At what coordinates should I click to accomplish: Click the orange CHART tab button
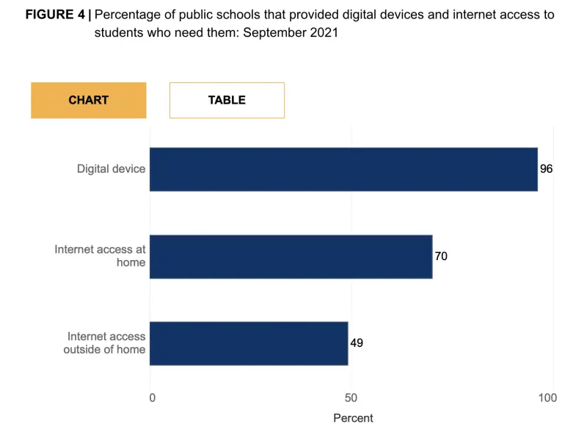(x=88, y=100)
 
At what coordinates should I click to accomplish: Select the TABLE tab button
(x=227, y=100)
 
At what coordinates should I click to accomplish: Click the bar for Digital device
(x=343, y=169)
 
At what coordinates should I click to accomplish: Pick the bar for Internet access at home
(x=291, y=256)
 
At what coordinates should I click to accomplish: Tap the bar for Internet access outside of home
(x=249, y=343)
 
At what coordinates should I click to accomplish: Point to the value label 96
(x=546, y=169)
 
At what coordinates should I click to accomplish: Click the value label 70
(x=441, y=256)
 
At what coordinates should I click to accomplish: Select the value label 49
(x=357, y=343)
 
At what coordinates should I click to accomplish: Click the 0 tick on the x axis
(x=152, y=398)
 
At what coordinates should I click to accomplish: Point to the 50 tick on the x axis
(x=351, y=398)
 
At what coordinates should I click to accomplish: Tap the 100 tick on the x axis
(x=547, y=398)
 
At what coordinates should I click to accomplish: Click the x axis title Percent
(x=353, y=418)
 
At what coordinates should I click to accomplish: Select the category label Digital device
(x=111, y=169)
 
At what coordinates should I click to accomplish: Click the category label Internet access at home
(x=100, y=256)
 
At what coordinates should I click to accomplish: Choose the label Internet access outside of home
(x=104, y=343)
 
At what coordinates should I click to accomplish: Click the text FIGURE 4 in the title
(x=55, y=15)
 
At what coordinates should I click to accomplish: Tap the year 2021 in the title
(x=323, y=33)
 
